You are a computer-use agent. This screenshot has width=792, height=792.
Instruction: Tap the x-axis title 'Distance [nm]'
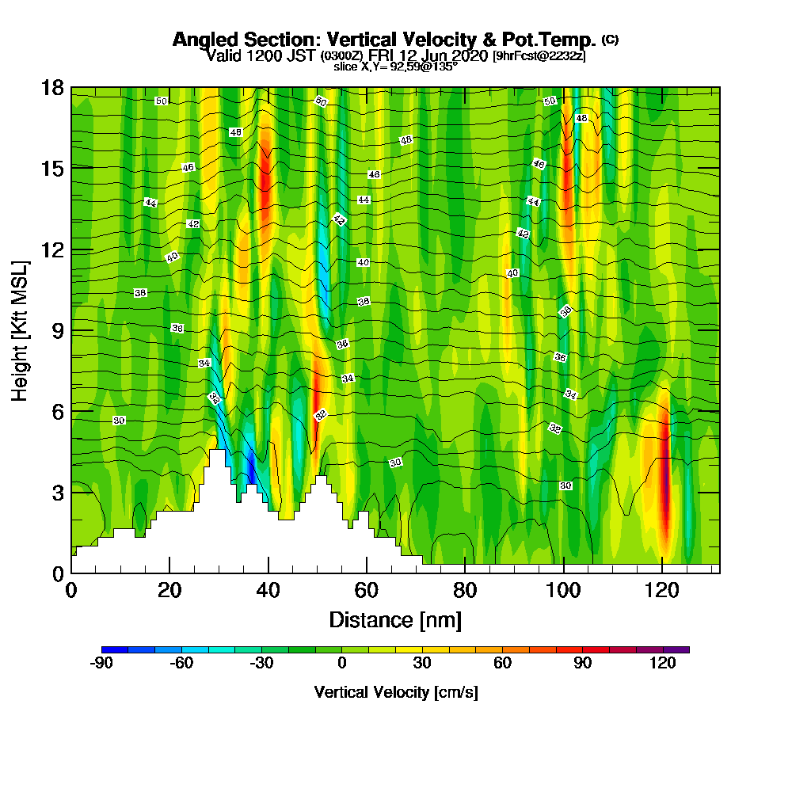click(395, 619)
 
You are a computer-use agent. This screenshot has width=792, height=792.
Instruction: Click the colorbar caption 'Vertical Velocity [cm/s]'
click(396, 692)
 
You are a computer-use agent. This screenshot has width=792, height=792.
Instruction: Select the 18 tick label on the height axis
click(52, 87)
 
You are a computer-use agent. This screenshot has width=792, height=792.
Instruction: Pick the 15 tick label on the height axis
click(52, 168)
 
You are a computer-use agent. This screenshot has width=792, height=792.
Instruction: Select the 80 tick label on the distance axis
click(464, 590)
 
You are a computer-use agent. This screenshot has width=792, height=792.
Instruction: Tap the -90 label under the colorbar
click(102, 664)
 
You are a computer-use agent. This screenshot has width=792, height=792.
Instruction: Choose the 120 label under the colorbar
click(663, 664)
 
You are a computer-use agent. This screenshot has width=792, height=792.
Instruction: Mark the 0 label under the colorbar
click(342, 664)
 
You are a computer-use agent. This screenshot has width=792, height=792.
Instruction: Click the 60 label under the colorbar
click(502, 664)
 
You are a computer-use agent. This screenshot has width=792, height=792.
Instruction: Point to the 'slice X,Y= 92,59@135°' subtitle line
click(395, 67)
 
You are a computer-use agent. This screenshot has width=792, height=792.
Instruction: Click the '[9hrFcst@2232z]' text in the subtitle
click(539, 55)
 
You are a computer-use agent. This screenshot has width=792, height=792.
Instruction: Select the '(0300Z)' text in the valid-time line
click(341, 55)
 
